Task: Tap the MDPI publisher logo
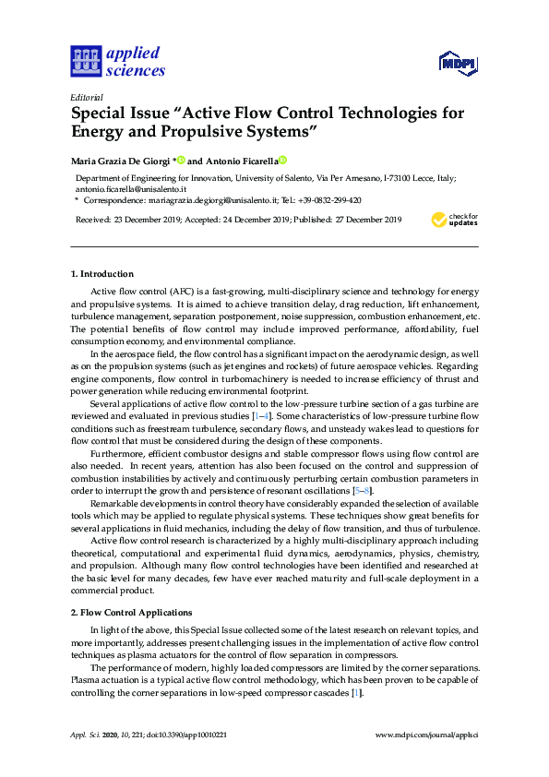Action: [x=458, y=64]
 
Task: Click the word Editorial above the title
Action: [x=87, y=97]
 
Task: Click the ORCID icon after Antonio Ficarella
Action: [x=283, y=159]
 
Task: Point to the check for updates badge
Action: [x=455, y=221]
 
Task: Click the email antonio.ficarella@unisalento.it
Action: [x=130, y=187]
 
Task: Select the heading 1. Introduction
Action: [x=102, y=274]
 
